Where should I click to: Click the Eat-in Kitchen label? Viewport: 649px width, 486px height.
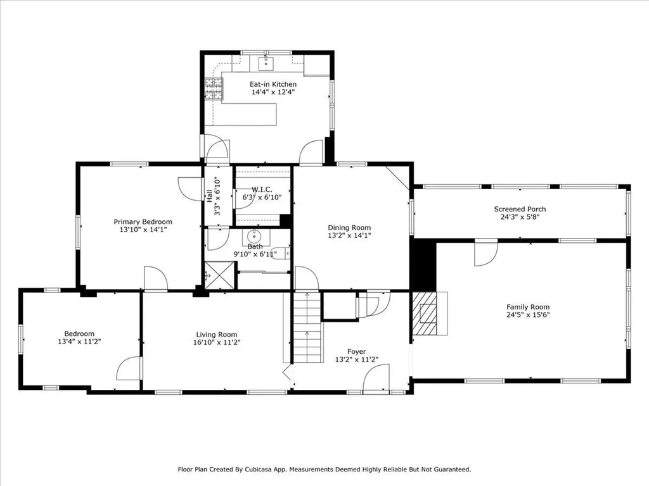[x=273, y=84]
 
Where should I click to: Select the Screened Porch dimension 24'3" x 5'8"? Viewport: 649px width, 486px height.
[x=520, y=217]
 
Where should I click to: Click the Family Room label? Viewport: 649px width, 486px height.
[x=527, y=307]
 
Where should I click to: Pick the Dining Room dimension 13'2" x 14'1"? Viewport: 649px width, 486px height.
[x=349, y=235]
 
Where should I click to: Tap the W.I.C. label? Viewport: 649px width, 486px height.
[x=261, y=189]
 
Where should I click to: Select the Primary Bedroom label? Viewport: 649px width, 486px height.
[x=143, y=221]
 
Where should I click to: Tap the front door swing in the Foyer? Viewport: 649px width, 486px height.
[x=375, y=380]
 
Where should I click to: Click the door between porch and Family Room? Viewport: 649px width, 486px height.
[x=487, y=253]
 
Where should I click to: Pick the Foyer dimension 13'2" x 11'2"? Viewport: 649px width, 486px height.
[x=356, y=359]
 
